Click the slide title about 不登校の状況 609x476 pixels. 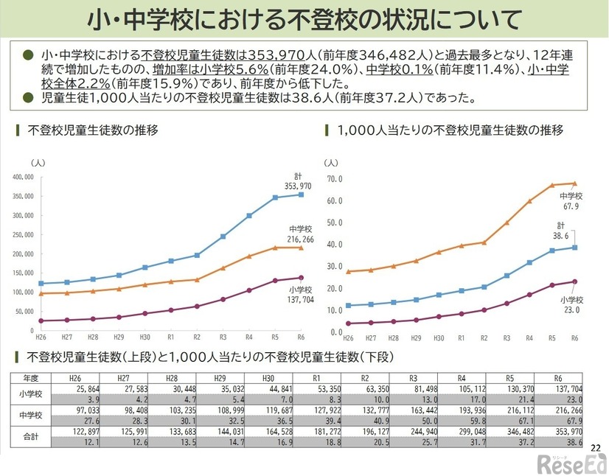pyautogui.click(x=304, y=20)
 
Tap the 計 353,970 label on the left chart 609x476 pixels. pyautogui.click(x=296, y=181)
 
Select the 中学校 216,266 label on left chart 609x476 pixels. pyautogui.click(x=298, y=234)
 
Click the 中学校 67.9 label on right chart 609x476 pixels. pyautogui.click(x=571, y=201)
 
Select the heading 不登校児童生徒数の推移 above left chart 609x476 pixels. pyautogui.click(x=91, y=131)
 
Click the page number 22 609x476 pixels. pyautogui.click(x=596, y=447)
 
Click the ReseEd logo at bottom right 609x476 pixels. pyautogui.click(x=571, y=463)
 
